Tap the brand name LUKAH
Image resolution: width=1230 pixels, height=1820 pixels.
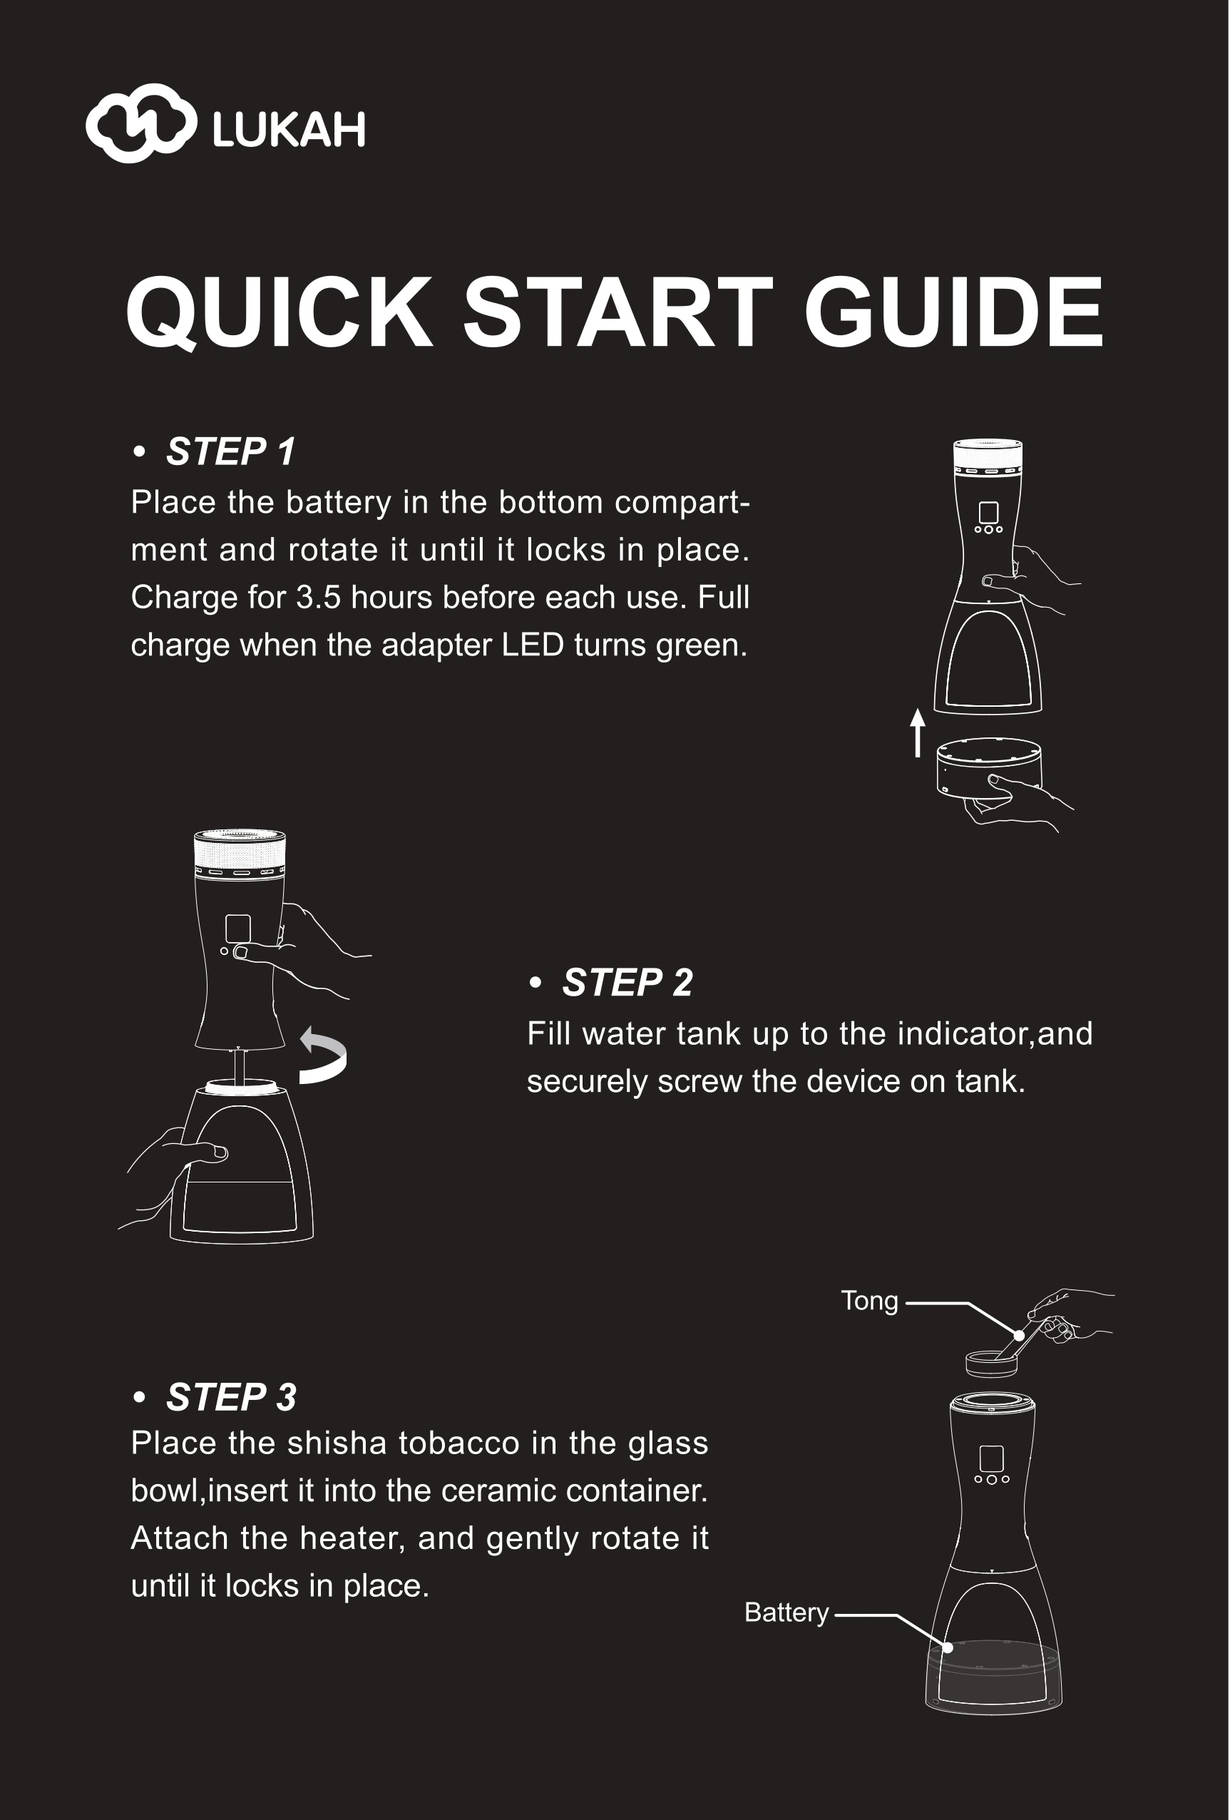(289, 129)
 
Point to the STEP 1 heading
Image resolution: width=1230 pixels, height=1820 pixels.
(230, 451)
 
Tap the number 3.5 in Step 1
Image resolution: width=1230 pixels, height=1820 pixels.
(318, 598)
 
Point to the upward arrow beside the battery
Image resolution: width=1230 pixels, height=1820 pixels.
(918, 733)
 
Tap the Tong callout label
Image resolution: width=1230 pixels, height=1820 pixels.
(869, 1301)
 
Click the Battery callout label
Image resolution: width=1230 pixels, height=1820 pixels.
(786, 1613)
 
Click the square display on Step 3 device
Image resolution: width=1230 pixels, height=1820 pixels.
(991, 1458)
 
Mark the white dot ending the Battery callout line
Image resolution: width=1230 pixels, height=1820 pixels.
(948, 1647)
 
